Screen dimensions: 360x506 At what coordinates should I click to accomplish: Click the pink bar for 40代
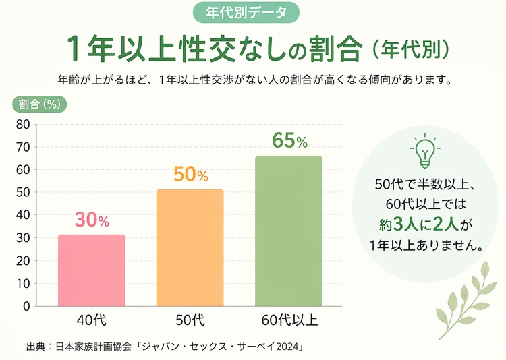pos(91,270)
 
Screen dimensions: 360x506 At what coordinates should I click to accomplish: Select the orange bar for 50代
pos(190,247)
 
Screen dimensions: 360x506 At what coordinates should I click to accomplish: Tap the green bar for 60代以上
pos(288,231)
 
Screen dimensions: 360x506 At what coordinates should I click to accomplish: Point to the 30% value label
pos(92,220)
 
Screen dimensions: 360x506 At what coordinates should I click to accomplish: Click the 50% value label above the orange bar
pos(190,175)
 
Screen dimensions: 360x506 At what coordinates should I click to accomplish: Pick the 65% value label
pos(289,141)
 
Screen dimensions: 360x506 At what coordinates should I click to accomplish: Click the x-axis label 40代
pos(91,319)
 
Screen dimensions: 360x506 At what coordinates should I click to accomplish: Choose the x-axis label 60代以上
pos(288,319)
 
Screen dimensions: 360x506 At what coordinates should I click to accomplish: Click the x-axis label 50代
pos(190,319)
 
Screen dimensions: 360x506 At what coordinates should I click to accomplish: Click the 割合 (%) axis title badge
pos(40,104)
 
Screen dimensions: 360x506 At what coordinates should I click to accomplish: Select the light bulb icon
pos(424,151)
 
